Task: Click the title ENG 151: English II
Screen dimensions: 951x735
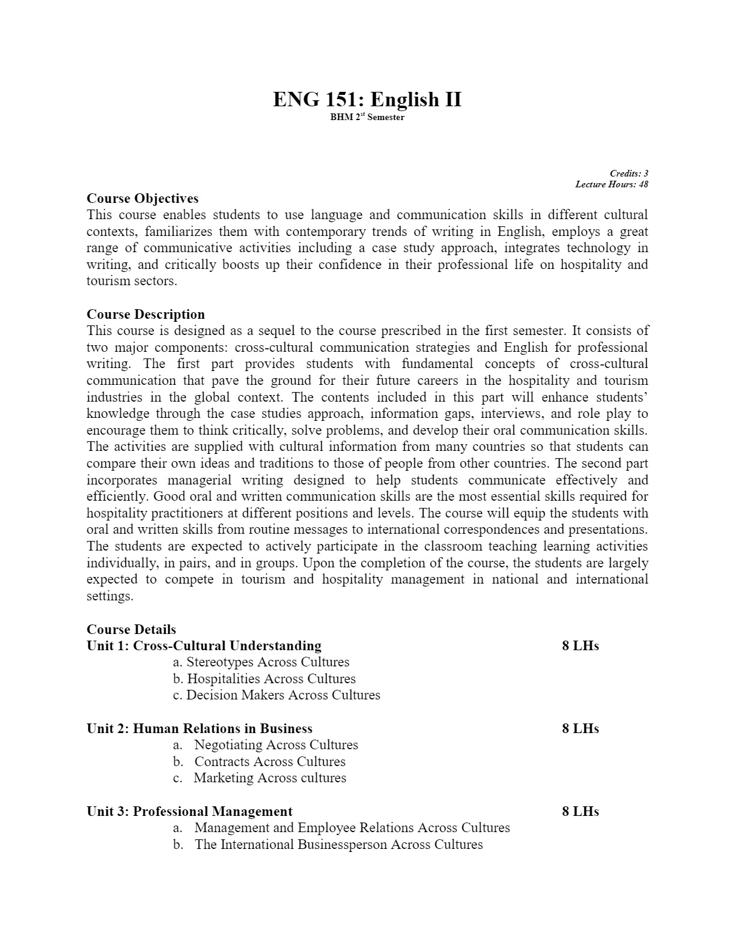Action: point(367,99)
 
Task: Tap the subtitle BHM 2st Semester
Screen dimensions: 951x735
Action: point(367,117)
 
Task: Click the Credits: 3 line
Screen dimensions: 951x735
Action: point(629,174)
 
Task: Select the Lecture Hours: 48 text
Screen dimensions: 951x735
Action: point(611,184)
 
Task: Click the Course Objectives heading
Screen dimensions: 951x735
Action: point(142,199)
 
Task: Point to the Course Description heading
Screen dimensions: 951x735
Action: point(145,315)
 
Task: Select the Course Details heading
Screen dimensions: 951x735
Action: point(131,629)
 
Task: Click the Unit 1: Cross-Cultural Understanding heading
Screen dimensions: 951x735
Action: point(204,646)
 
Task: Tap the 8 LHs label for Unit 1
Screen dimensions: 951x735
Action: point(580,646)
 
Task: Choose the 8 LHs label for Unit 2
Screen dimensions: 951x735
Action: point(580,729)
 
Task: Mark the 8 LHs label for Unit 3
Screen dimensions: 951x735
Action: point(580,812)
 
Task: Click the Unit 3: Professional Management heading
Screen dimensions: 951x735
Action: point(189,812)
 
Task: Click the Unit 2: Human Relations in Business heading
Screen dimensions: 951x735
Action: point(199,729)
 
